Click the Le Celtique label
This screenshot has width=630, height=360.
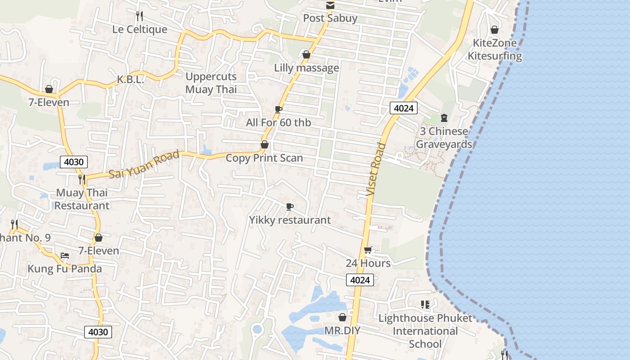[x=139, y=30]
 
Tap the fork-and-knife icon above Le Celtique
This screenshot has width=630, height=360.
[x=139, y=16]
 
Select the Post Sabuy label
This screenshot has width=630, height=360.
[x=330, y=18]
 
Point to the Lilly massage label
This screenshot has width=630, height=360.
[x=306, y=68]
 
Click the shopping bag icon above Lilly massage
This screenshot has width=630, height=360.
[x=306, y=55]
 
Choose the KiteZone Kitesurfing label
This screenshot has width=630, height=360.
[x=495, y=49]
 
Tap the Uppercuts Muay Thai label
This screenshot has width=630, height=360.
[x=211, y=83]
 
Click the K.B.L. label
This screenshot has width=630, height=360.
[x=130, y=80]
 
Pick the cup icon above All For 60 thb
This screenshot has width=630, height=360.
[x=279, y=109]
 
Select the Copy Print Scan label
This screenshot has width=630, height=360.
[x=264, y=158]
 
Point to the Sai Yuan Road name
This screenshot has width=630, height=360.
[x=144, y=164]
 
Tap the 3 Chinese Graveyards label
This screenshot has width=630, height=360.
[x=444, y=138]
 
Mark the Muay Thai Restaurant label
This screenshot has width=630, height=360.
[x=81, y=199]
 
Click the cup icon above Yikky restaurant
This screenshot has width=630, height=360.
[x=290, y=207]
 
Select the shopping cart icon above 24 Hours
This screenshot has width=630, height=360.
[x=368, y=250]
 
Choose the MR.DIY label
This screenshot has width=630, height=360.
[x=342, y=331]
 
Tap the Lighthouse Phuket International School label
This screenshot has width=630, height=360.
[x=425, y=331]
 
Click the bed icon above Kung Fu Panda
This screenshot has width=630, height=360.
[x=65, y=256]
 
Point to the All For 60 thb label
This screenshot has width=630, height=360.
[x=278, y=122]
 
